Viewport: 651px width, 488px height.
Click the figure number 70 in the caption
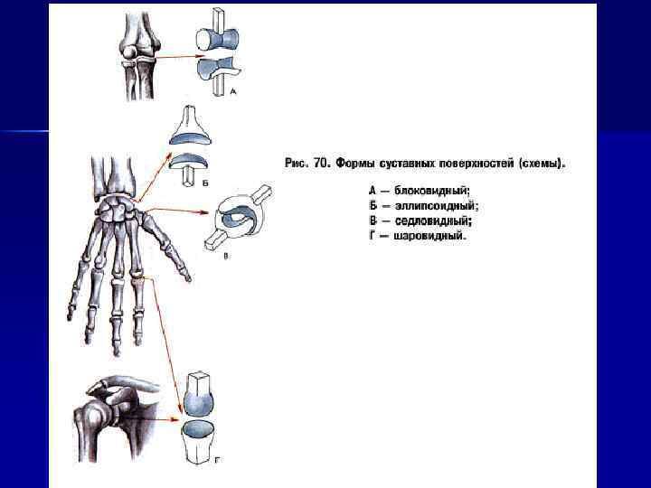(x=320, y=164)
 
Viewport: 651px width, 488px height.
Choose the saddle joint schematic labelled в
(x=241, y=216)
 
